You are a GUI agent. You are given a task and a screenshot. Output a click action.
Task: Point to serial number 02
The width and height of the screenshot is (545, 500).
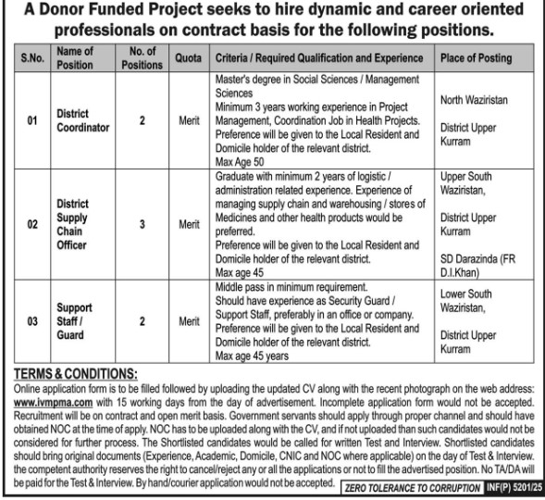(x=31, y=223)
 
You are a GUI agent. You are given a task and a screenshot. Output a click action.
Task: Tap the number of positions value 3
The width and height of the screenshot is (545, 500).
(x=142, y=223)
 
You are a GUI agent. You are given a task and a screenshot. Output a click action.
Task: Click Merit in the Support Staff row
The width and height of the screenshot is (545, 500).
(x=189, y=320)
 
